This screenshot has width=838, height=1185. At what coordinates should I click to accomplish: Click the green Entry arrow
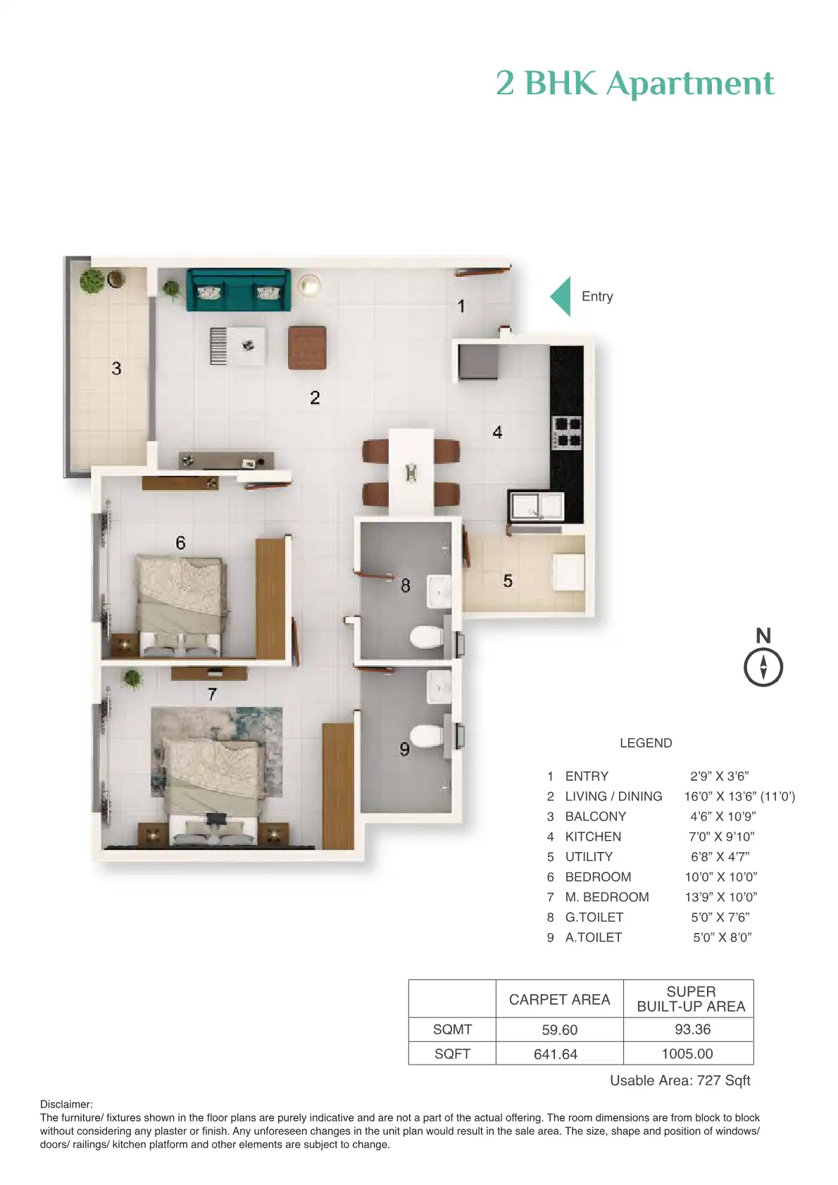click(x=561, y=296)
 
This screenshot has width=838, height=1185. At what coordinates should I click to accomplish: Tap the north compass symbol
click(x=763, y=666)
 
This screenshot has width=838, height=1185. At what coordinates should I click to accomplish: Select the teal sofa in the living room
click(x=238, y=290)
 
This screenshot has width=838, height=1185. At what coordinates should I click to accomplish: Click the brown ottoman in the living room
click(x=307, y=348)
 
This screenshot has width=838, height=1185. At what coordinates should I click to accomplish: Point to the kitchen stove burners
click(x=567, y=432)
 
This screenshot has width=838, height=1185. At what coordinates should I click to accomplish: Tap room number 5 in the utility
click(x=508, y=581)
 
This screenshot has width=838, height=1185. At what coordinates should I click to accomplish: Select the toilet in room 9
click(x=426, y=736)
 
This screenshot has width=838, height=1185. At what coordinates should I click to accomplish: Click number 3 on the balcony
click(x=116, y=368)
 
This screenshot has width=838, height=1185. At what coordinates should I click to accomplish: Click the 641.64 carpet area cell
click(x=556, y=1054)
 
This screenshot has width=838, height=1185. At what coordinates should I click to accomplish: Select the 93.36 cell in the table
click(x=692, y=1029)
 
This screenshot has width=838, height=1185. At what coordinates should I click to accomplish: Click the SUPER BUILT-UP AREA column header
click(x=690, y=999)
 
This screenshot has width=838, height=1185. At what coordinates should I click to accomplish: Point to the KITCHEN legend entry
click(x=593, y=836)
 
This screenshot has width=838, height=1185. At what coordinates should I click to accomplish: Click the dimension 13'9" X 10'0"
click(x=720, y=897)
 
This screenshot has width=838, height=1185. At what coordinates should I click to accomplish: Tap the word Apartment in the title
click(x=690, y=83)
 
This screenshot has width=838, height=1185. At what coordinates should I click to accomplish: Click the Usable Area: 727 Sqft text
click(x=680, y=1080)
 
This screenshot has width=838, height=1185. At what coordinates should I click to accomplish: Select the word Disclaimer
click(x=66, y=1104)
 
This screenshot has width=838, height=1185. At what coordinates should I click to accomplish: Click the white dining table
click(x=411, y=470)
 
